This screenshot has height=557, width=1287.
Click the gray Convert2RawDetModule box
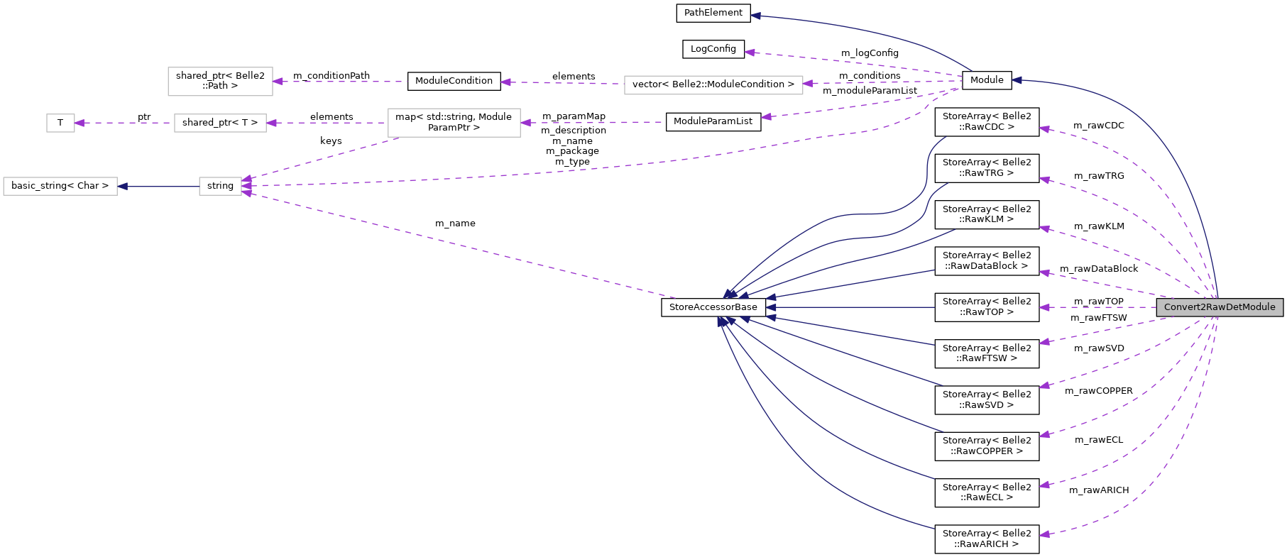click(1220, 307)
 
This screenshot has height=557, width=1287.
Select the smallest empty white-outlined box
click(60, 123)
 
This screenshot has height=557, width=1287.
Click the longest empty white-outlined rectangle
click(713, 85)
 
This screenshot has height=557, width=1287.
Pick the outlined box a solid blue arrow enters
click(60, 186)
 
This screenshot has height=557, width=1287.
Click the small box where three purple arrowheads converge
click(220, 186)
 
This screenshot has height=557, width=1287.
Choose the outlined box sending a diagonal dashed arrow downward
click(454, 123)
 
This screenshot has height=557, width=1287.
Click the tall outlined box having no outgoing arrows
click(220, 82)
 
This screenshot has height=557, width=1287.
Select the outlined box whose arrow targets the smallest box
click(220, 123)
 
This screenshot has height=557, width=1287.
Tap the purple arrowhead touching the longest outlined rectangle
click(808, 83)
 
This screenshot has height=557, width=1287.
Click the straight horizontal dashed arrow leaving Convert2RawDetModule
click(1100, 307)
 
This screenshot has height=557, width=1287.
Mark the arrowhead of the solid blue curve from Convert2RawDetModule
click(1017, 80)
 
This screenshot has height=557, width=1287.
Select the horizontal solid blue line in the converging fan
click(852, 307)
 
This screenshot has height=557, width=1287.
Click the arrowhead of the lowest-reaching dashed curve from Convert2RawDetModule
click(1044, 534)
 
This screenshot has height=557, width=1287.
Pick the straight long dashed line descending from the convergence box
click(461, 245)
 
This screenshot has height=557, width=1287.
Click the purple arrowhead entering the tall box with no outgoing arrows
click(278, 82)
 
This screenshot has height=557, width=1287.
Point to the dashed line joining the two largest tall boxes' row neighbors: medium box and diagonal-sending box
click(327, 123)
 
